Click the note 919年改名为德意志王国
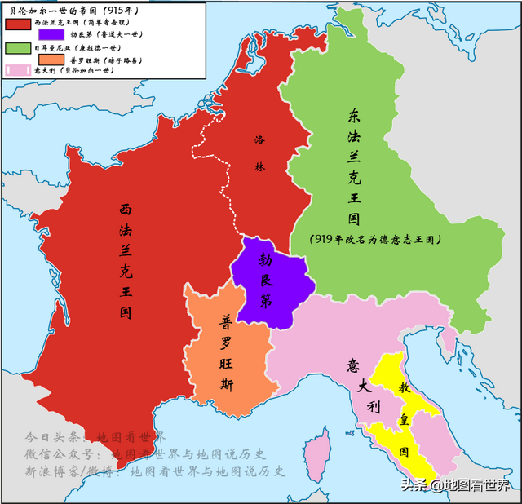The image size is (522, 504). [x=376, y=239]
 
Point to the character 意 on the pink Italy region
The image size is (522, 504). [x=352, y=365]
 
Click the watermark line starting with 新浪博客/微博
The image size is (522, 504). [x=155, y=471]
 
